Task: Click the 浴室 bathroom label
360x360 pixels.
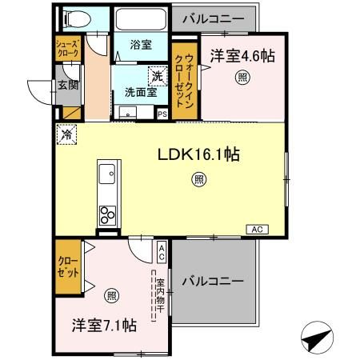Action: tap(141, 46)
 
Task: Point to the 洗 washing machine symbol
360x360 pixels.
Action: tap(158, 76)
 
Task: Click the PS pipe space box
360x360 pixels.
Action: tap(162, 114)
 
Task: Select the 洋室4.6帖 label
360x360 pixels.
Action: tap(242, 56)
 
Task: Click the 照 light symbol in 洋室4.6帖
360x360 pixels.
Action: tap(242, 78)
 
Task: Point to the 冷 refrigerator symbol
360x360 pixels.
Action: tap(66, 134)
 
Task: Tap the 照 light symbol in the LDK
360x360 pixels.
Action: tap(197, 180)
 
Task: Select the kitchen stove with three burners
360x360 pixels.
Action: tap(106, 214)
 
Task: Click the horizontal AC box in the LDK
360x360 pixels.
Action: tap(258, 230)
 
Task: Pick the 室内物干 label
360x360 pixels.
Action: tap(160, 295)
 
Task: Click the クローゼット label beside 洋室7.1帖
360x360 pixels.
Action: tap(68, 266)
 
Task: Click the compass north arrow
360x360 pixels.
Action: tap(317, 339)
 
